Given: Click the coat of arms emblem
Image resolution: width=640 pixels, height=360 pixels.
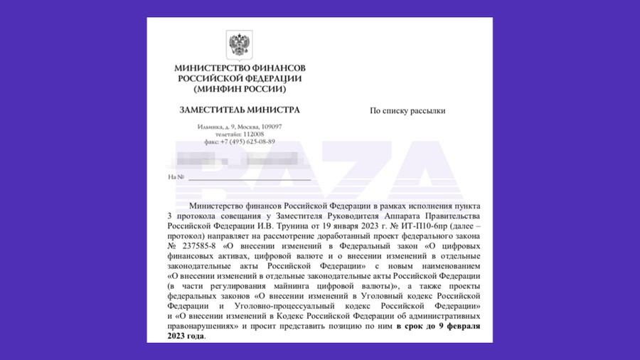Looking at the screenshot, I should [x=238, y=45].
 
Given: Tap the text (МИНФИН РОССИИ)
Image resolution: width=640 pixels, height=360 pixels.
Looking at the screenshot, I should [x=239, y=90].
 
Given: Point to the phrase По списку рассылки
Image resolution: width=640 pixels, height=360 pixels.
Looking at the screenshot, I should [x=407, y=111].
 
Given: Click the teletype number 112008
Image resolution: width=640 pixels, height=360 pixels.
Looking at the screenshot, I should [x=252, y=134].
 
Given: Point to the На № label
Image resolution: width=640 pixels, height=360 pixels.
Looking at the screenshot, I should [x=176, y=176].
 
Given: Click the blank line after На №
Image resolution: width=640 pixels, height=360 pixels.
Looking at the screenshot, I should [x=249, y=177].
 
